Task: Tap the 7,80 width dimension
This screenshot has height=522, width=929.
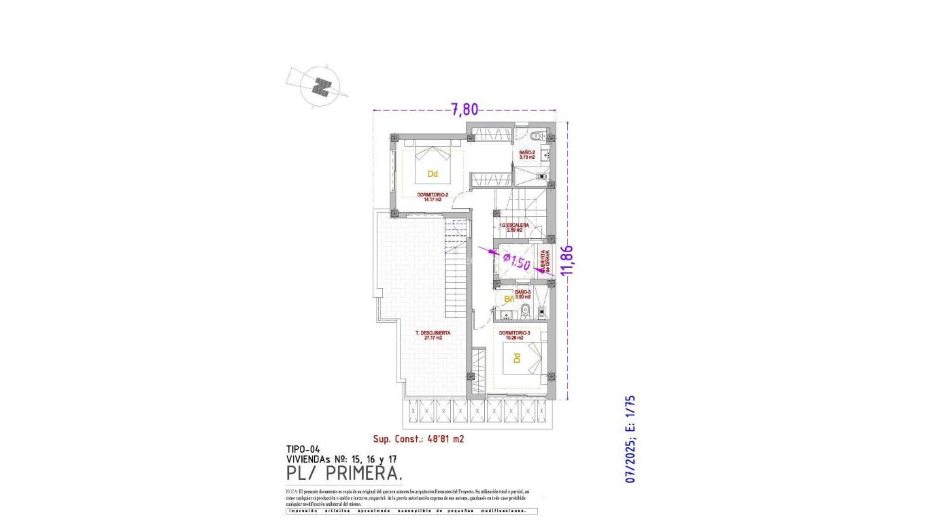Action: pos(465,109)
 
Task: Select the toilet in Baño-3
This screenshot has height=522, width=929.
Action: pos(523,312)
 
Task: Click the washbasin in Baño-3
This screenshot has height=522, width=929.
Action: pos(505,314)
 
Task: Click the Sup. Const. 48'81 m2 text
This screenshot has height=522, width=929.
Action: pos(418,439)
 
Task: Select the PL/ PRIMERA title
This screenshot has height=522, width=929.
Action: pos(344,472)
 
